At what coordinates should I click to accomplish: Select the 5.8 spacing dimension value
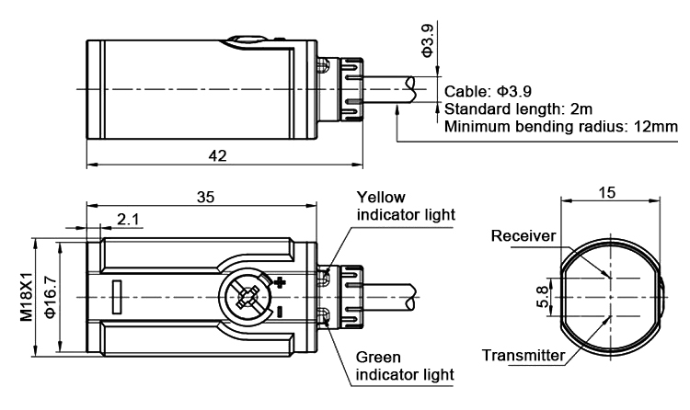coord(541,298)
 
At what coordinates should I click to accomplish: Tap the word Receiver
coord(523,236)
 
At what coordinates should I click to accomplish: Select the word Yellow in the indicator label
coord(380,198)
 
